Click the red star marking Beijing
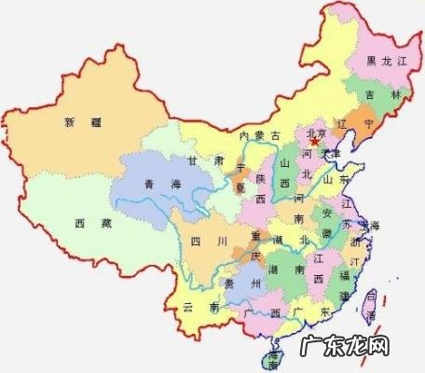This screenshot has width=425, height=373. pyautogui.click(x=325, y=142)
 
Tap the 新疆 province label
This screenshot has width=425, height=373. pyautogui.click(x=81, y=121)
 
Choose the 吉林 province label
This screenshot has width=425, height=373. pyautogui.click(x=378, y=96)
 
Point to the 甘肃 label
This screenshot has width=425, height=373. pyautogui.click(x=206, y=161)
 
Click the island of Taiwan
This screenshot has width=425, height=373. pyautogui.click(x=371, y=306)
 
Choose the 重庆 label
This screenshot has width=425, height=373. pyautogui.click(x=248, y=239)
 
